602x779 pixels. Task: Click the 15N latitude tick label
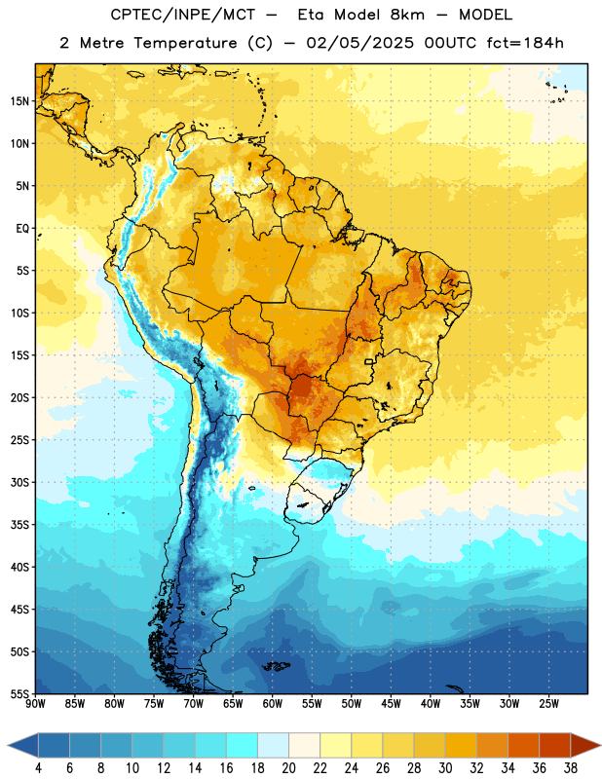click(19, 101)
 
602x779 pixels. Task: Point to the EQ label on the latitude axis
click(22, 229)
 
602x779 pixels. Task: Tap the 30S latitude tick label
click(19, 482)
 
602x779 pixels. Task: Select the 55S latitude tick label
click(19, 694)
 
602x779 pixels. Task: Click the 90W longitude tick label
click(36, 704)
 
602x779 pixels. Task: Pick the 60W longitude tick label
click(273, 704)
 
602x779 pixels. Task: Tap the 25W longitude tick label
click(548, 704)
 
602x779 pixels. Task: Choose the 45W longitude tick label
click(391, 704)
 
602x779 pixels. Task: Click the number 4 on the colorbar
click(38, 768)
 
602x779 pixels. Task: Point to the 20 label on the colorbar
click(288, 768)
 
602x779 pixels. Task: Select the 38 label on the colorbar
click(571, 768)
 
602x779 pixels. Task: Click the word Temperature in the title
click(185, 43)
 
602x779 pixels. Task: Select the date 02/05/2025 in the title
click(359, 43)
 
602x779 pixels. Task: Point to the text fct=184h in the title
click(525, 43)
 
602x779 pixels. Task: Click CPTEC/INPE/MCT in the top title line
click(182, 15)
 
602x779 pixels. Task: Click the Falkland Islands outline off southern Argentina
click(276, 666)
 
